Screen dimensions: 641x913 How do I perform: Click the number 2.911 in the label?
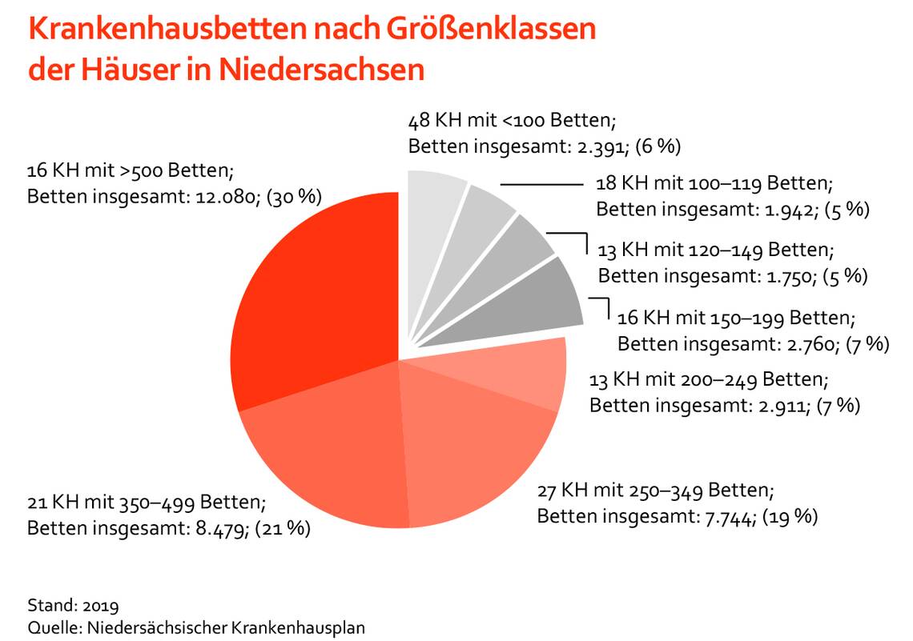click(x=776, y=406)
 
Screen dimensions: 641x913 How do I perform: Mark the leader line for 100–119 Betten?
click(x=541, y=185)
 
